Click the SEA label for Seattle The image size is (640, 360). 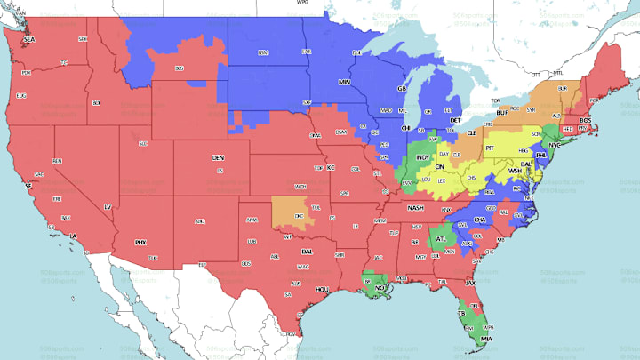28,40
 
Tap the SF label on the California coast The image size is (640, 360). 29,185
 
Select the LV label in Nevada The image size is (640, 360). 108,207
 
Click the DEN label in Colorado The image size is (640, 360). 219,158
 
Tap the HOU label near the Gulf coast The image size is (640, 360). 322,289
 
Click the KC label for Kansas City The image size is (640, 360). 331,167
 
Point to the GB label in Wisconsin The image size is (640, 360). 402,89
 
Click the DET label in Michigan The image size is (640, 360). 455,119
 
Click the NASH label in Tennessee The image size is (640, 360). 415,207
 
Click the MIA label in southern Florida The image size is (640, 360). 484,340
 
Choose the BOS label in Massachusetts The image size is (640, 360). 585,120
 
